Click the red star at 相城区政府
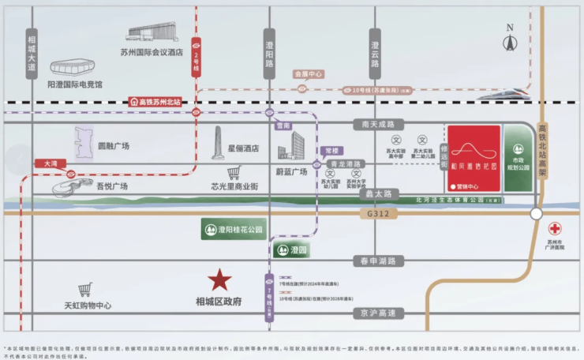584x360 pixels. [x=219, y=279]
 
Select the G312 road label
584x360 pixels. [x=380, y=214]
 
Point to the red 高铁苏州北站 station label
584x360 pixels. [x=155, y=102]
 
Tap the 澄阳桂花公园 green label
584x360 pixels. [x=231, y=231]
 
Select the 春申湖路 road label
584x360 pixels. [x=379, y=261]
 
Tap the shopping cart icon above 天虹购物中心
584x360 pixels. [x=84, y=290]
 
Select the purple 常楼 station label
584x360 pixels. [x=331, y=149]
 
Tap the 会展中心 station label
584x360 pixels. [x=309, y=73]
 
